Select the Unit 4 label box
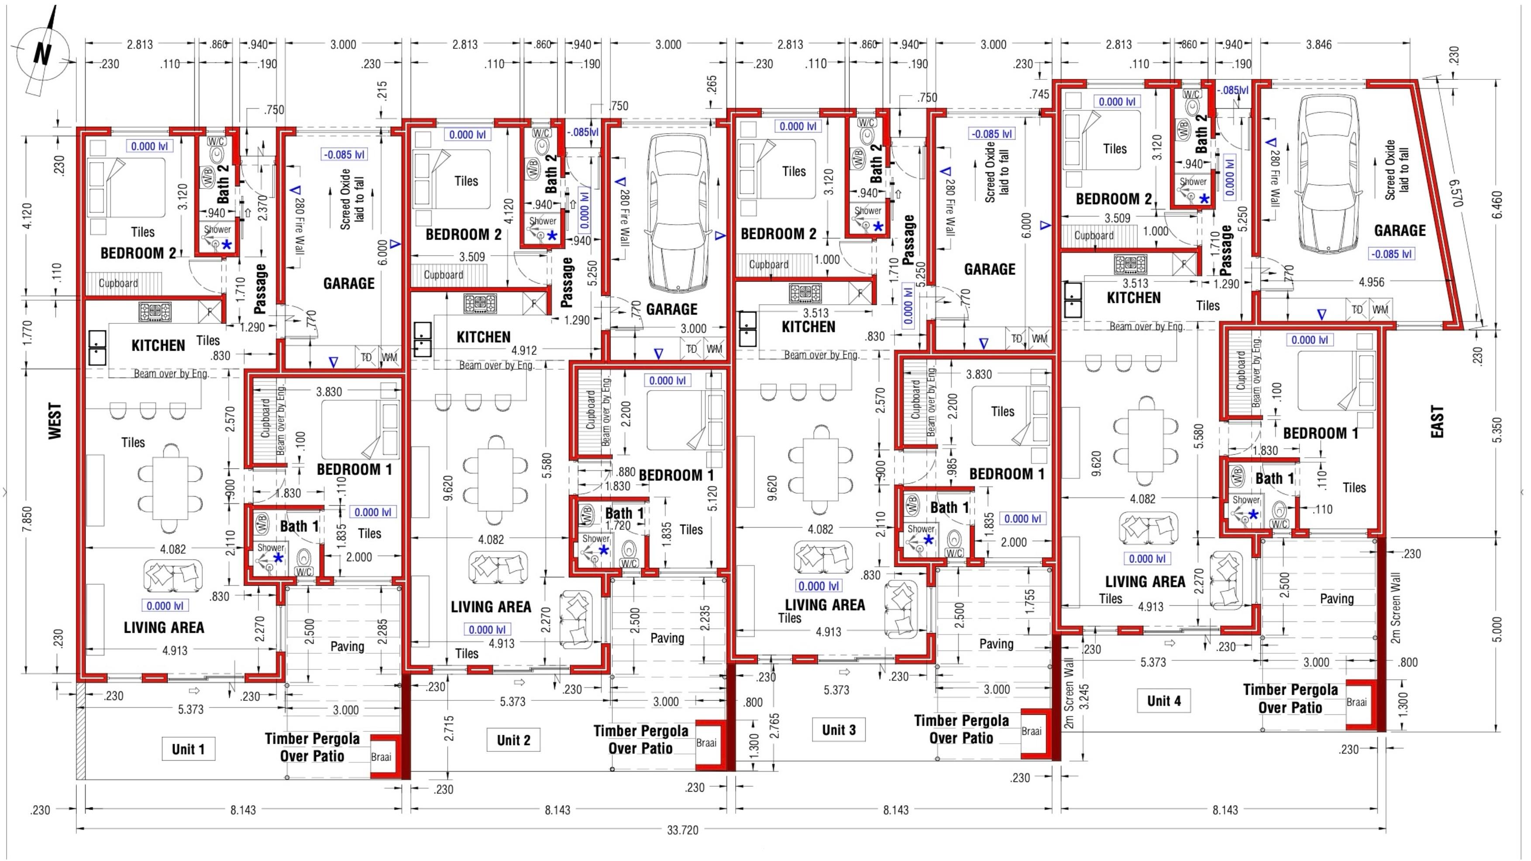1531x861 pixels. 1164,700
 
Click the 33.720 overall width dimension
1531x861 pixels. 682,830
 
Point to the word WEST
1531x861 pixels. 55,421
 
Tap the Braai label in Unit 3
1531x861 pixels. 1031,731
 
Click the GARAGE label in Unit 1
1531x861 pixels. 349,283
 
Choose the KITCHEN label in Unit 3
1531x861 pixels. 809,327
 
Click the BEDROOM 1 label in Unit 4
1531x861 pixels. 1321,433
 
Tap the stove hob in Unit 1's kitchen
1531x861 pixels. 155,311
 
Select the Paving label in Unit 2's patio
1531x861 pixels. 667,638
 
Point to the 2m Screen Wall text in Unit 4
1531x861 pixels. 1396,607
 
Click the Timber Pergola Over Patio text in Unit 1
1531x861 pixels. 312,748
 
